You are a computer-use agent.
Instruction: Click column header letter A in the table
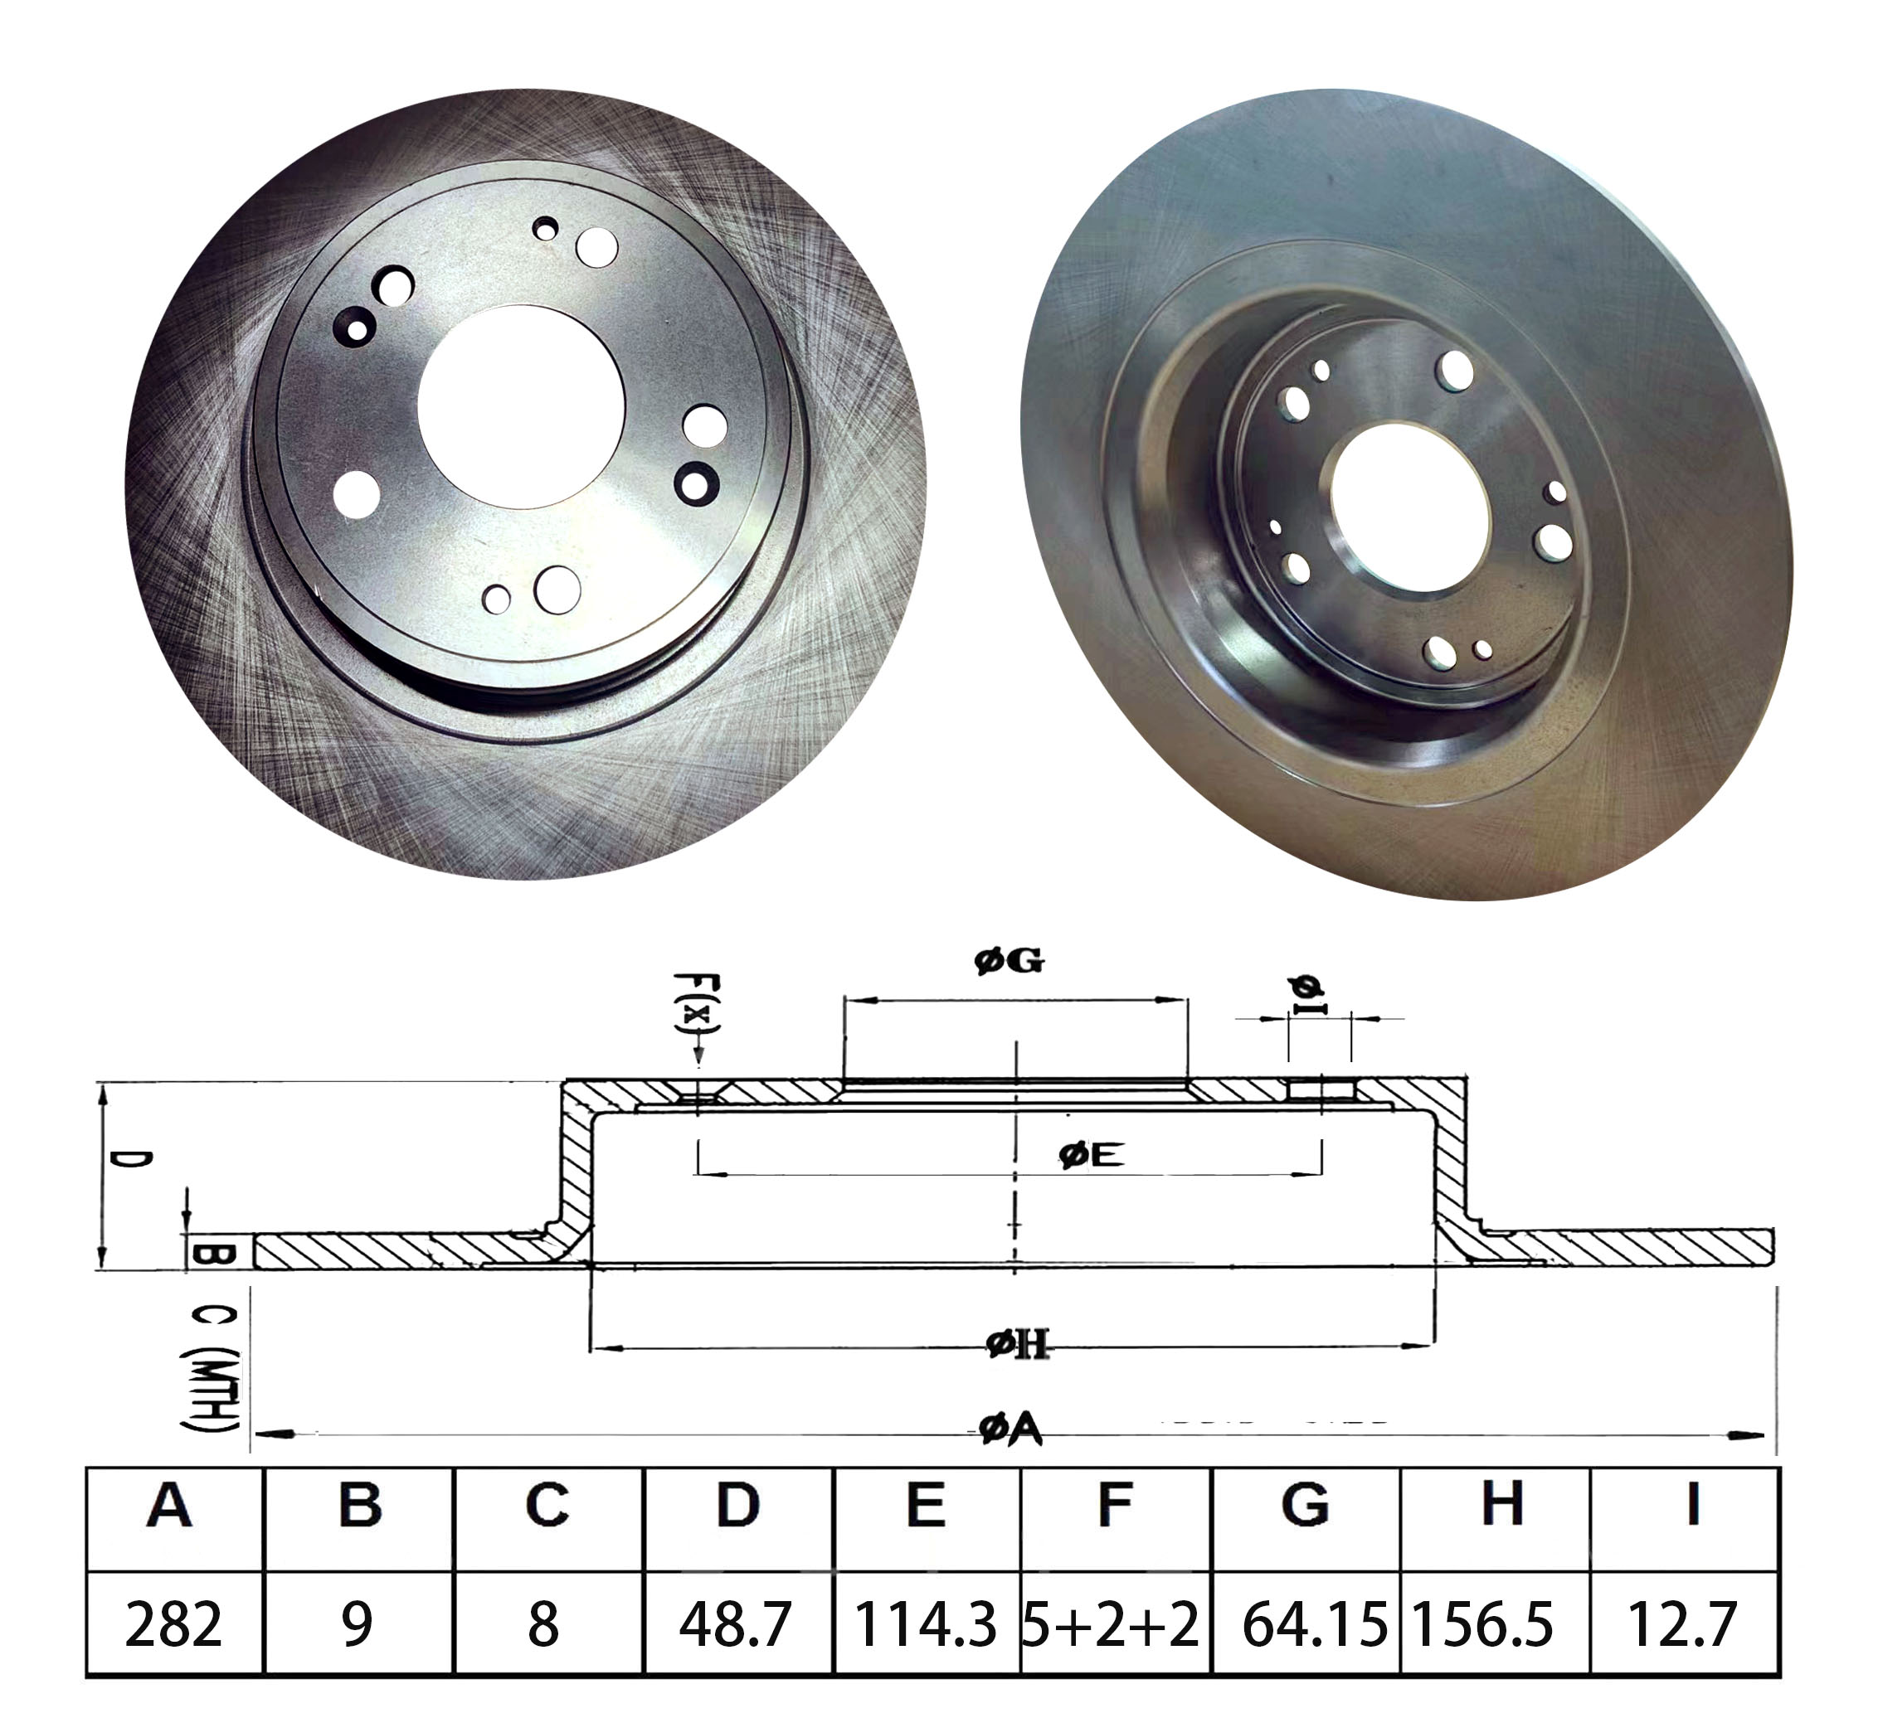tap(169, 1506)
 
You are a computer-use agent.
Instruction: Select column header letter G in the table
tap(1305, 1506)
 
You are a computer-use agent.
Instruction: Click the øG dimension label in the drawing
tap(1010, 960)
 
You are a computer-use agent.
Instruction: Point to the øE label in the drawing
tap(1092, 1156)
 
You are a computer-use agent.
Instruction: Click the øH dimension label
tap(1017, 1345)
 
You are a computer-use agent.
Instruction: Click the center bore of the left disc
tap(521, 408)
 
